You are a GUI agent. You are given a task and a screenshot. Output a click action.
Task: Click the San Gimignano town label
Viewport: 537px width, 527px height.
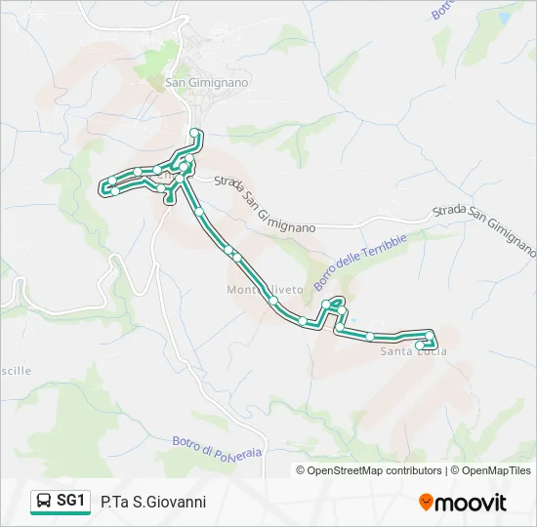206,83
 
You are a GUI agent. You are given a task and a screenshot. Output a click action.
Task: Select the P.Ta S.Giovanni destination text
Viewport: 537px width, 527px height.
153,502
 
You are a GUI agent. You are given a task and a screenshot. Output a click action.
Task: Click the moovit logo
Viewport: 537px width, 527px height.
463,502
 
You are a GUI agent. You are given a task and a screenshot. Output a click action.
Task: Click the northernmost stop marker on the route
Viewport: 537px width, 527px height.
195,133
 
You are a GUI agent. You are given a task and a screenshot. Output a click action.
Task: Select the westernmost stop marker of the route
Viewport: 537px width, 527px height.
104,186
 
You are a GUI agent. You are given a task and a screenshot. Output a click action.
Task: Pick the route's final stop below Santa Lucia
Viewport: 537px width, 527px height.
421,345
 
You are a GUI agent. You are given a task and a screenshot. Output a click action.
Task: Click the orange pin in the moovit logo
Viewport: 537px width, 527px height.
426,503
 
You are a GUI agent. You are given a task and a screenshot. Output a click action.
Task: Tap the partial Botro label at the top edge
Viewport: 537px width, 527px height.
441,10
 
